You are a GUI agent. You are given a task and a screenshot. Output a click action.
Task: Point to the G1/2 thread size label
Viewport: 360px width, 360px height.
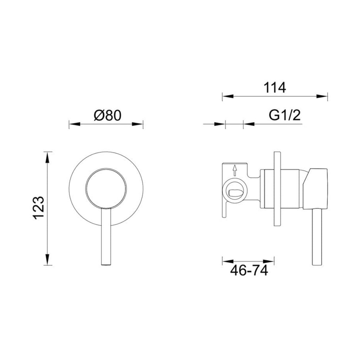point(285,115)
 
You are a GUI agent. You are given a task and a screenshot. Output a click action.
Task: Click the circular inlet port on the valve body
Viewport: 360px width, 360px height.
point(234,192)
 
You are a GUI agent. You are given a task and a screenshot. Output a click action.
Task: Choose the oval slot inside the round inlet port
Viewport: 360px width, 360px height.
point(234,193)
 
